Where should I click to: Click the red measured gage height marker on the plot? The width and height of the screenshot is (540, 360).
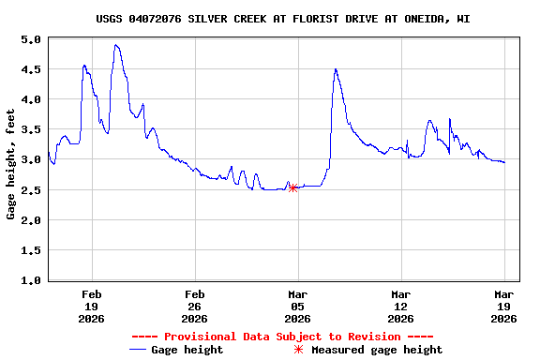tap(293, 187)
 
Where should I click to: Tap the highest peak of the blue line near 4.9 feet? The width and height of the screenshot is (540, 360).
tap(116, 45)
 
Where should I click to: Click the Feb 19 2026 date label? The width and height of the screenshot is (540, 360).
tap(91, 307)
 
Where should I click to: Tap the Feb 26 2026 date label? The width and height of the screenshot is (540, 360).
tap(194, 307)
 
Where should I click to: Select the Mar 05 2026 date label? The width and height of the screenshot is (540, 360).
tap(297, 307)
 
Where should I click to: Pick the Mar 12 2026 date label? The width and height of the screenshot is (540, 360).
tap(400, 307)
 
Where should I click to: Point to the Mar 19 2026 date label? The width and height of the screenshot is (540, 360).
tap(503, 307)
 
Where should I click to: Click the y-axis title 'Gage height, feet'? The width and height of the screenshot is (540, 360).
tap(11, 164)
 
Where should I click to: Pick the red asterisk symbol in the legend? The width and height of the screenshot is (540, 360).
tap(298, 350)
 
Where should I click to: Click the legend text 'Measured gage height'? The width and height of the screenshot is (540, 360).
tap(377, 350)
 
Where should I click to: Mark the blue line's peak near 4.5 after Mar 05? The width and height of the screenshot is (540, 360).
tap(335, 69)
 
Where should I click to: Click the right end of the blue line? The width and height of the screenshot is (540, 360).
tap(504, 162)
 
